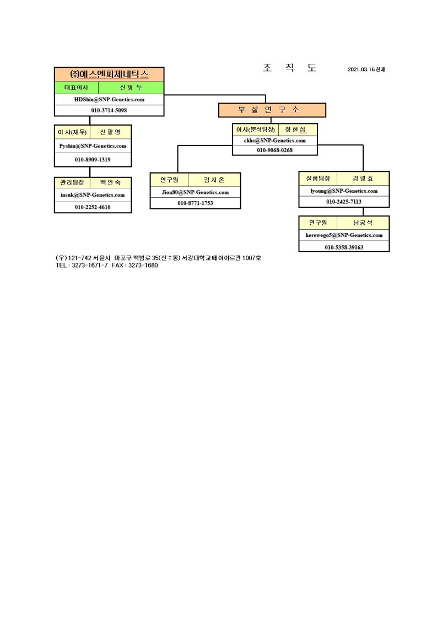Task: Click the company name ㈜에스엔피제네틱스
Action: tap(109, 74)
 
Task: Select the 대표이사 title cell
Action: tap(76, 88)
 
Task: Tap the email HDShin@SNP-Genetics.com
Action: tap(109, 100)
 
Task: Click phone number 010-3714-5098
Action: tap(109, 110)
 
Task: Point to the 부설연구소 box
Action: tap(272, 110)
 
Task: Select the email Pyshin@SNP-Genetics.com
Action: tap(93, 146)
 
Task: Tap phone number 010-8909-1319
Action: tap(93, 160)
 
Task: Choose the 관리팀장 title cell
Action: tap(72, 182)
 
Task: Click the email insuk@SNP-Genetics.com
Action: tap(93, 195)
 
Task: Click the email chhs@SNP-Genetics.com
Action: tap(274, 140)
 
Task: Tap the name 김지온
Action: tap(214, 180)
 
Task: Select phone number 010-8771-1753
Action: tap(195, 203)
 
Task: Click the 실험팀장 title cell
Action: tap(317, 178)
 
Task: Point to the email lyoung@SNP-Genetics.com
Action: tap(344, 191)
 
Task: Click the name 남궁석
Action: tap(363, 223)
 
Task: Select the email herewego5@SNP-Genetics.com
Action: tap(344, 235)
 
